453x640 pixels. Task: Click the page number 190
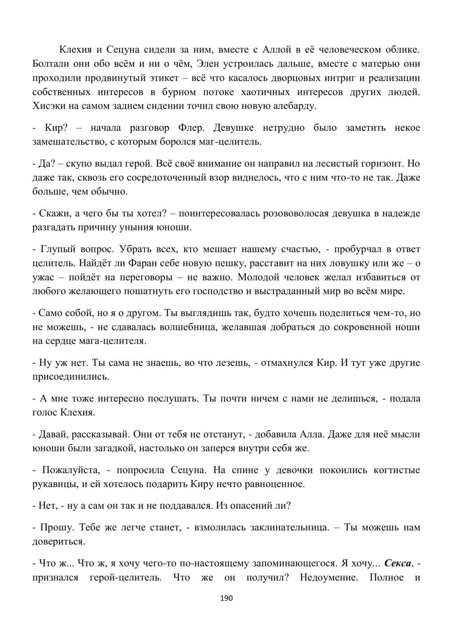click(226, 598)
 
